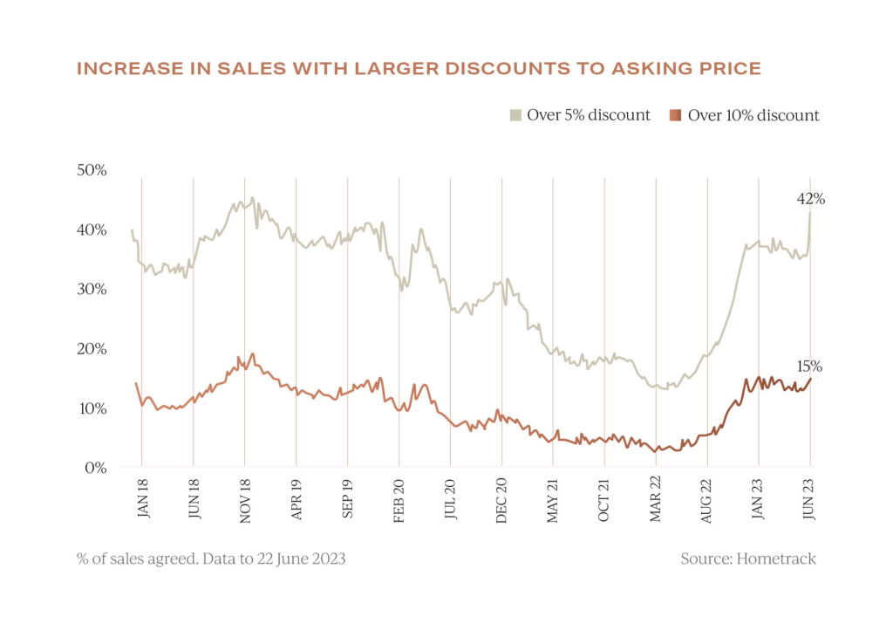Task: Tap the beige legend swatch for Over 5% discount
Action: click(x=515, y=115)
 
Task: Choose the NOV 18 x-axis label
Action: click(x=245, y=501)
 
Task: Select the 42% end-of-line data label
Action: click(x=810, y=199)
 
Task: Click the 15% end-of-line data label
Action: click(x=810, y=367)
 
